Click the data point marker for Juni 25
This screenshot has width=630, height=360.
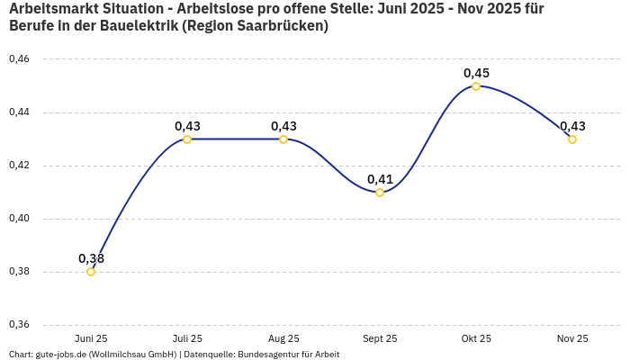point(91,272)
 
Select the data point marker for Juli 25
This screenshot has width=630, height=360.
point(187,139)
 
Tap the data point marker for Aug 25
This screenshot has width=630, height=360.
point(283,139)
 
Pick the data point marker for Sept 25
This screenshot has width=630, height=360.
point(380,193)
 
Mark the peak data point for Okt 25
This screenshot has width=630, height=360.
point(476,86)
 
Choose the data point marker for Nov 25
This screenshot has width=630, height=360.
point(572,139)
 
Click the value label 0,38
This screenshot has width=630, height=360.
point(91,258)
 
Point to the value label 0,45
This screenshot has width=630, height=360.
point(476,73)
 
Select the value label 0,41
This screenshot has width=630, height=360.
point(380,179)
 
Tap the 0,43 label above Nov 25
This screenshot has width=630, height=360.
point(572,126)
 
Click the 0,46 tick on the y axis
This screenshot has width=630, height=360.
point(19,59)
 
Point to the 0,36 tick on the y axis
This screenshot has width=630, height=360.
point(19,325)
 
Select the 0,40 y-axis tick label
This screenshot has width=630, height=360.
point(19,219)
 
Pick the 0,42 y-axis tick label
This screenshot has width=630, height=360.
point(19,166)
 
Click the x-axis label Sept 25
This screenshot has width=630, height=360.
point(380,338)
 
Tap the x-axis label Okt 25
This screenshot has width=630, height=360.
point(476,338)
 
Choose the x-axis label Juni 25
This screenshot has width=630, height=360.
point(91,338)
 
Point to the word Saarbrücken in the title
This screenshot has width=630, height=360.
point(281,26)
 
